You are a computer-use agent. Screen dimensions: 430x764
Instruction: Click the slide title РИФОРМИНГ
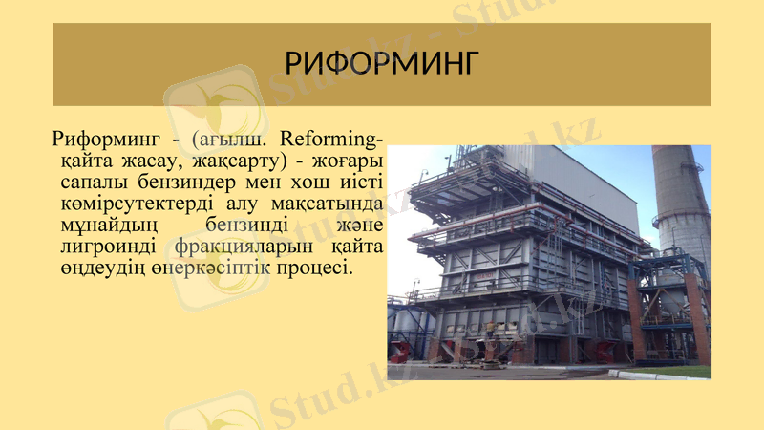(x=381, y=64)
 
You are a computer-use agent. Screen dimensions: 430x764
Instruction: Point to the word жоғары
(x=349, y=161)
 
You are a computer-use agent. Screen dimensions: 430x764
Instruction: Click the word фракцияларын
(x=243, y=247)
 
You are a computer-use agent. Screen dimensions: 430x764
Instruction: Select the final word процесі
(x=314, y=269)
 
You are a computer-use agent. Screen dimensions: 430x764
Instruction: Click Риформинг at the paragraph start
(x=99, y=139)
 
